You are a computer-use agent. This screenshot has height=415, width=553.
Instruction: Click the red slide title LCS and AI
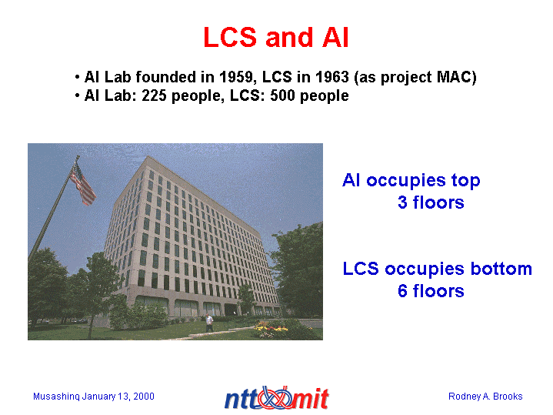coord(276,38)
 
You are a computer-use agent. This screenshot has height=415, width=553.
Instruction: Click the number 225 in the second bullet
coord(154,95)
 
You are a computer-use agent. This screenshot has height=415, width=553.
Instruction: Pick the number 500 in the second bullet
coord(282,95)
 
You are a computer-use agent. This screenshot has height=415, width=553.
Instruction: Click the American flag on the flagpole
coord(82,184)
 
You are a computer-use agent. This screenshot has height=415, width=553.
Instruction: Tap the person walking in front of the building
coord(209,323)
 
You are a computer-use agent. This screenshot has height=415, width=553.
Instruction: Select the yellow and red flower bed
coord(271,330)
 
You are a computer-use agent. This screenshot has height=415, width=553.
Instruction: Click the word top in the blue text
coord(465,181)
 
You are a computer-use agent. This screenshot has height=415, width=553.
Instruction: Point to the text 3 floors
coord(431,202)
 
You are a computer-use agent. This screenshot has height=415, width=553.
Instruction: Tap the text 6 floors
coord(431,291)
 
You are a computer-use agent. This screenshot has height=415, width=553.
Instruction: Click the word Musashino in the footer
coord(56,397)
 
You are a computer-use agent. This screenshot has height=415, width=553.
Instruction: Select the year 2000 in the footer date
coord(144,397)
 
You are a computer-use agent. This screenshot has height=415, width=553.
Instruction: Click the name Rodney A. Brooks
coord(485,397)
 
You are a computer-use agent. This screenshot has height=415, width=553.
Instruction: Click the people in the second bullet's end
coord(324,96)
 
